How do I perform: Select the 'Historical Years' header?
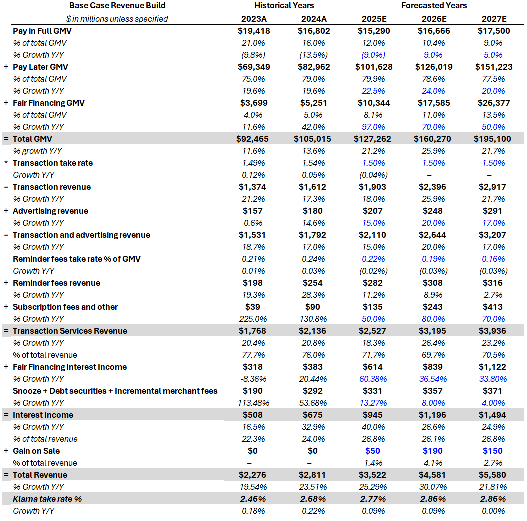click(284, 6)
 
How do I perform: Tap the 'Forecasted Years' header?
click(434, 6)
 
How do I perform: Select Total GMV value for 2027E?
click(492, 139)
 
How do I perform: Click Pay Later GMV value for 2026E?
click(433, 67)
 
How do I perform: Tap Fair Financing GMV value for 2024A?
click(314, 103)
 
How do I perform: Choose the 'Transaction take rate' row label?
click(53, 163)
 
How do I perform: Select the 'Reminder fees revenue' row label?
click(56, 283)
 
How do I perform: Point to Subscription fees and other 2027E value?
click(492, 307)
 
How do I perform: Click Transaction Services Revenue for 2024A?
click(314, 331)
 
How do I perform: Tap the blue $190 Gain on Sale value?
click(433, 451)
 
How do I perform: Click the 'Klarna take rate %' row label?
click(47, 499)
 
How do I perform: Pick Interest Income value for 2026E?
click(433, 415)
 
